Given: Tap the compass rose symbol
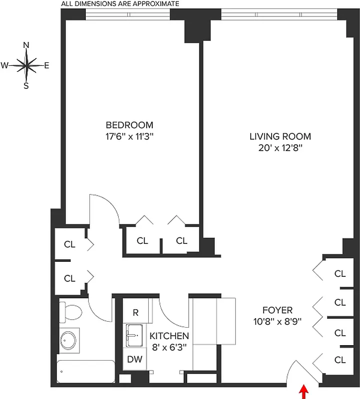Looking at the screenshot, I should [26, 65].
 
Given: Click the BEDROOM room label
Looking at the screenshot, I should [129, 125].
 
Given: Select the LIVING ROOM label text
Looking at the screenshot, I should [280, 136].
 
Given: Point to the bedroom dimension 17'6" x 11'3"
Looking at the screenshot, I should [129, 136].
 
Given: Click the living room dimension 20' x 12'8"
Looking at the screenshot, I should [280, 148].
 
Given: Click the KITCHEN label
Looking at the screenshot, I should [169, 336].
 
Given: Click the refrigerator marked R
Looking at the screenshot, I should [135, 312].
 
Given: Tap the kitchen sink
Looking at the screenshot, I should [134, 335].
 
